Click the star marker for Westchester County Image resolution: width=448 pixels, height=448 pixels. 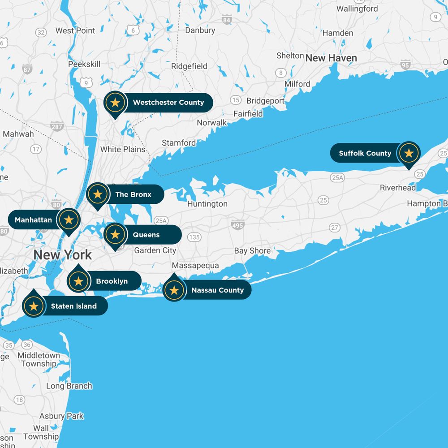point(115,103)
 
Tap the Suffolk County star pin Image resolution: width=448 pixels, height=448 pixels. point(408,153)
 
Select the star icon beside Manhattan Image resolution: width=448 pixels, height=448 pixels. point(69,220)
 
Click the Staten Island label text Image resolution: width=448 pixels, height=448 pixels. point(74,306)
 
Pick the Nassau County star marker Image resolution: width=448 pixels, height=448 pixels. point(174,290)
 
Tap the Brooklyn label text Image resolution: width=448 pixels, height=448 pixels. point(112,281)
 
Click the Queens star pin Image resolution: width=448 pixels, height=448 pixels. point(115,234)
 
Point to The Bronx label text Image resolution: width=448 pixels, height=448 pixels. point(133,194)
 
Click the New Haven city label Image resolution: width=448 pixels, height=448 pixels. point(331,58)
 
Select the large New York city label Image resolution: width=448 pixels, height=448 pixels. point(63,255)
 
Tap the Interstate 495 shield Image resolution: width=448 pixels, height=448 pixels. point(238,225)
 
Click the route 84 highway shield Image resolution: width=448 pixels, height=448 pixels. point(227,20)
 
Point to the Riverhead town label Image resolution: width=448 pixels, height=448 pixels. point(398,188)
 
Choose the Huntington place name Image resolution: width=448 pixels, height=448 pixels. point(207,204)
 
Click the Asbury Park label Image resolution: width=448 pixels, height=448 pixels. point(61,416)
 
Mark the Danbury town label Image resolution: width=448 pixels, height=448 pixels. point(200,30)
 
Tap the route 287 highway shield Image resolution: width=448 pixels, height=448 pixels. point(57,127)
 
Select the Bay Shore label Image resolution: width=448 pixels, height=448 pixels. point(252,251)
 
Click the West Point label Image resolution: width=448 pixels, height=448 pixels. point(75,30)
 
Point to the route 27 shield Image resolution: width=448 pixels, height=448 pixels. point(334,228)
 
